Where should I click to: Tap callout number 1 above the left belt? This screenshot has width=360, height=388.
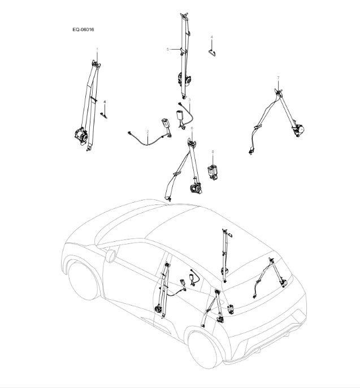pyautogui.click(x=97, y=50)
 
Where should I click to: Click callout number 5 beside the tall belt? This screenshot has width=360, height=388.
pyautogui.click(x=168, y=50)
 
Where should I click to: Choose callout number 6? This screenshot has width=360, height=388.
pyautogui.click(x=192, y=128)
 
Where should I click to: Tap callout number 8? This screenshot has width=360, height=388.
pyautogui.click(x=212, y=151)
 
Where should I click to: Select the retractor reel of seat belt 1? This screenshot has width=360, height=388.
pyautogui.click(x=80, y=134)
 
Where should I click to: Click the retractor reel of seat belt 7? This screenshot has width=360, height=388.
pyautogui.click(x=298, y=130)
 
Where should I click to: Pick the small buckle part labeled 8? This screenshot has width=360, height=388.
pyautogui.click(x=214, y=171)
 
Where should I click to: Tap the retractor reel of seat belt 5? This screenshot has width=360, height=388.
pyautogui.click(x=184, y=80)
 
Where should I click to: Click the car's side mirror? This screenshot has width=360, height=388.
pyautogui.click(x=111, y=255)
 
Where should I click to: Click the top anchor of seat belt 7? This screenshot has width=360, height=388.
pyautogui.click(x=279, y=89)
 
